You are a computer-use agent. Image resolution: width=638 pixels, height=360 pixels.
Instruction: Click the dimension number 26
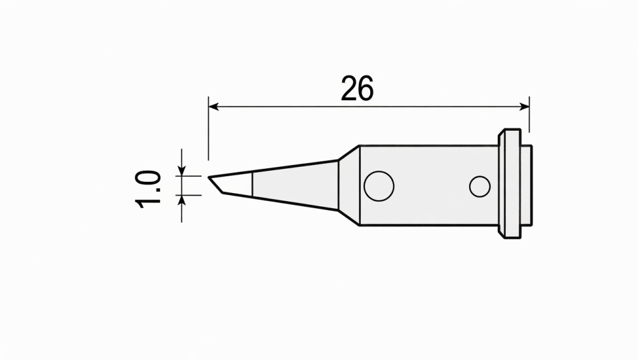[357, 88]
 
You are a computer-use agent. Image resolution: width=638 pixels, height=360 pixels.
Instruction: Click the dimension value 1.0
[148, 189]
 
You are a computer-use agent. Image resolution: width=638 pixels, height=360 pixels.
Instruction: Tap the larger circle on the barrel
[379, 186]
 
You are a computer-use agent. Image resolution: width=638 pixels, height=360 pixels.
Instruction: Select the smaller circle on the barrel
[480, 187]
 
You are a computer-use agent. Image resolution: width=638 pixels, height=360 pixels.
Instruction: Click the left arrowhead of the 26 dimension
[213, 107]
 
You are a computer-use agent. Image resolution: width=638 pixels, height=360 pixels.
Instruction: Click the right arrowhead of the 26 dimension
[525, 107]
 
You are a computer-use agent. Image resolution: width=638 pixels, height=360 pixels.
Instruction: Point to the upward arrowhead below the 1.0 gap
[182, 200]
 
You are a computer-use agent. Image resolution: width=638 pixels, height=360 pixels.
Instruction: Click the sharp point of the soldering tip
[209, 178]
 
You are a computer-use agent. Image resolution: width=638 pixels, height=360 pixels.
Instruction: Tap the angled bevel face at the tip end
[216, 185]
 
